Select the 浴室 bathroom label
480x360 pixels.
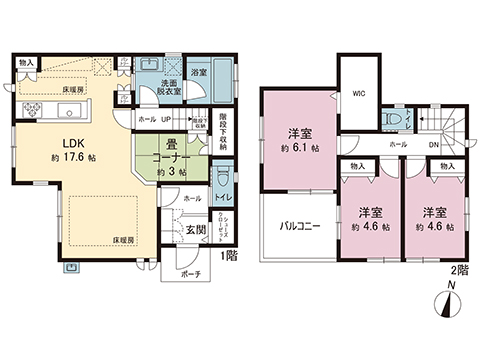(198, 73)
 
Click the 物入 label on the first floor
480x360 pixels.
(26, 63)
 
